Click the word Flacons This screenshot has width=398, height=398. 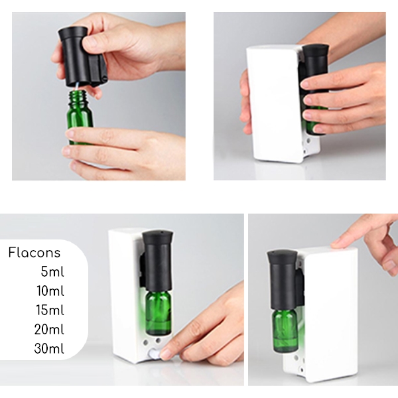(34, 253)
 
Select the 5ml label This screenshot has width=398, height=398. (52, 271)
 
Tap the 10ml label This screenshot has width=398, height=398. (50, 291)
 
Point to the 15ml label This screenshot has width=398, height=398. (50, 310)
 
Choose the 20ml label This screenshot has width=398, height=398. (49, 329)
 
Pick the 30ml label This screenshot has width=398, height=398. (49, 348)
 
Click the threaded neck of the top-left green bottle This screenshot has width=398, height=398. (78, 97)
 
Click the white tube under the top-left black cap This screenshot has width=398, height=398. (77, 86)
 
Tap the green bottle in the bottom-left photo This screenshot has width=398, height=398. (159, 313)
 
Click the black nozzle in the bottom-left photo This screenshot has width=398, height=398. (157, 261)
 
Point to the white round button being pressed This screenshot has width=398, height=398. (155, 354)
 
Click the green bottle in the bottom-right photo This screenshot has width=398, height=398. (285, 330)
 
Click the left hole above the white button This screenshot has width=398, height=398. (146, 342)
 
